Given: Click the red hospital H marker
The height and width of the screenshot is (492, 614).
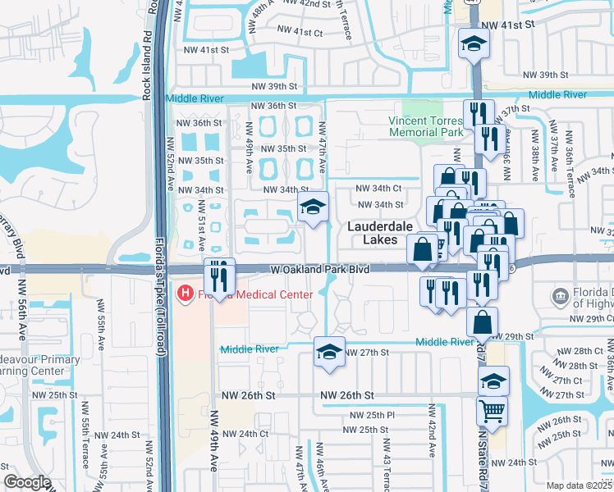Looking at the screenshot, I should coord(186,293).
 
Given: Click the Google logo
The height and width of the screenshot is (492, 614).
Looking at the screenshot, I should coord(27,481).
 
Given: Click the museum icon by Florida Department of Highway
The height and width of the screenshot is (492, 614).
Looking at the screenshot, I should coord(561,296).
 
